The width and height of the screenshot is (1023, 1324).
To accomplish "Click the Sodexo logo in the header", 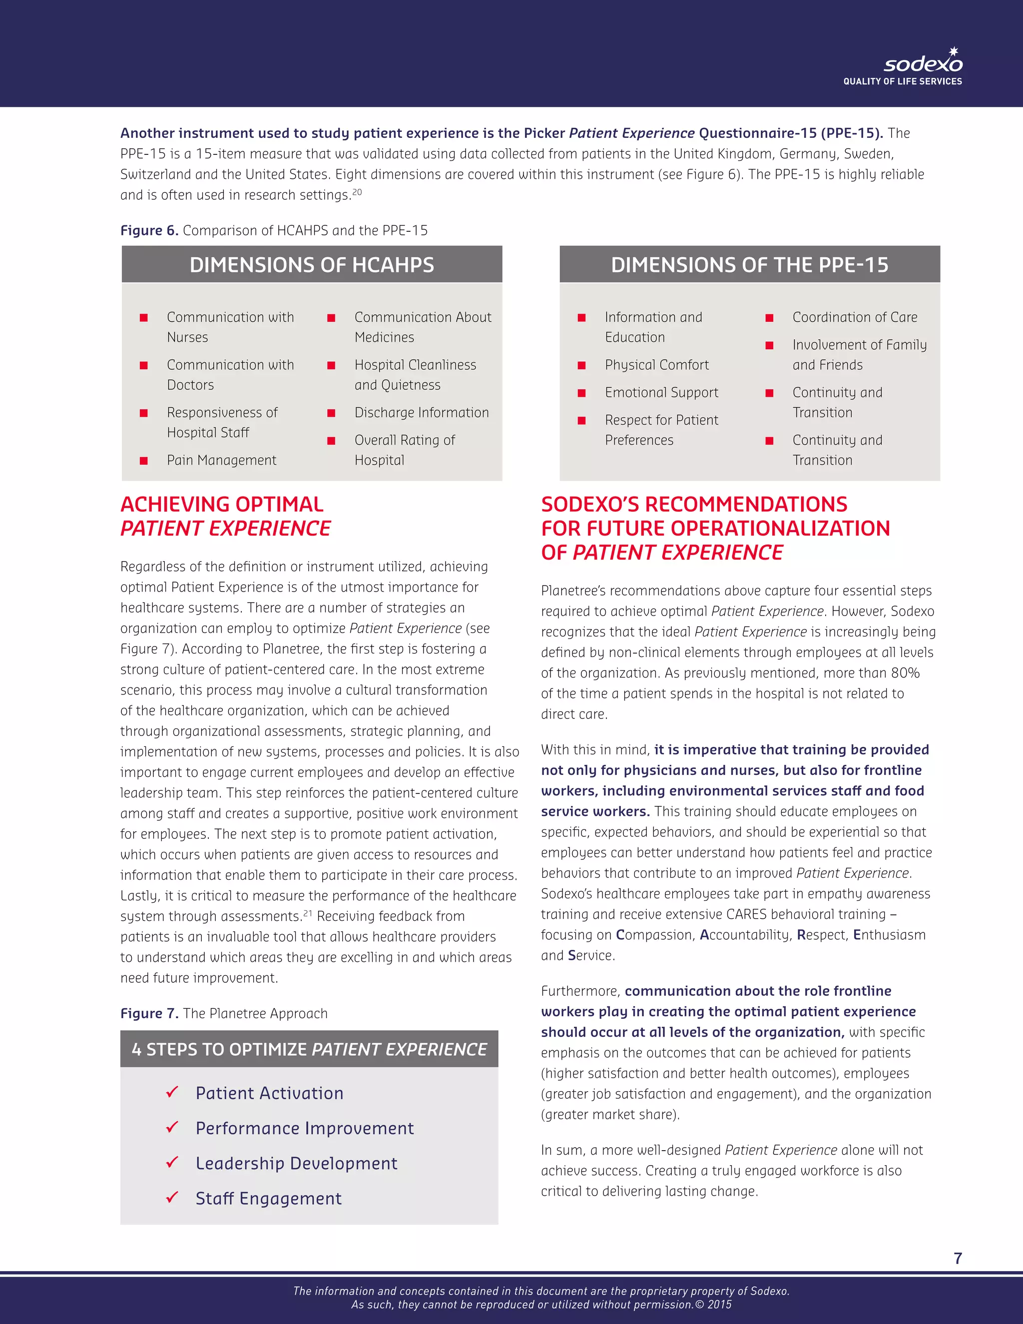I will [x=923, y=63].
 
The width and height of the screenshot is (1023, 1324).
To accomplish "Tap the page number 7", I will [x=958, y=1258].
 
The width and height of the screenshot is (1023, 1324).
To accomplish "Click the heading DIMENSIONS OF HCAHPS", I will [x=312, y=265].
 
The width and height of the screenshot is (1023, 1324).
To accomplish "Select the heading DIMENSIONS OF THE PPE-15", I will [x=749, y=265].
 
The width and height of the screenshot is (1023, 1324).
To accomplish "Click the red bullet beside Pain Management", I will [x=144, y=461].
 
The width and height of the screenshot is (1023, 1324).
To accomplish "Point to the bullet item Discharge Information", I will [x=421, y=413].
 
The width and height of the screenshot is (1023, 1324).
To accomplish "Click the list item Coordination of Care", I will [x=855, y=318].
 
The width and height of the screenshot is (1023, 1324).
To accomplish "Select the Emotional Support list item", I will [x=661, y=393].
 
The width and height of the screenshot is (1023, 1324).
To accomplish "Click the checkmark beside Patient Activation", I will [x=172, y=1092].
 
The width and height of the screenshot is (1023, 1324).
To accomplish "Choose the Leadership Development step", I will [x=296, y=1163].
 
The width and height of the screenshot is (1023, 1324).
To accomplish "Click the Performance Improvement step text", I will [x=304, y=1128].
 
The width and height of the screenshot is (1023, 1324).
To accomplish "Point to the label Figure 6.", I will [x=149, y=231].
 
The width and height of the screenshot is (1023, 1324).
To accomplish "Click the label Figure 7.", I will [x=149, y=1014].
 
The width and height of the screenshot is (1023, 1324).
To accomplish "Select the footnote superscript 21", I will [x=308, y=913].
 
